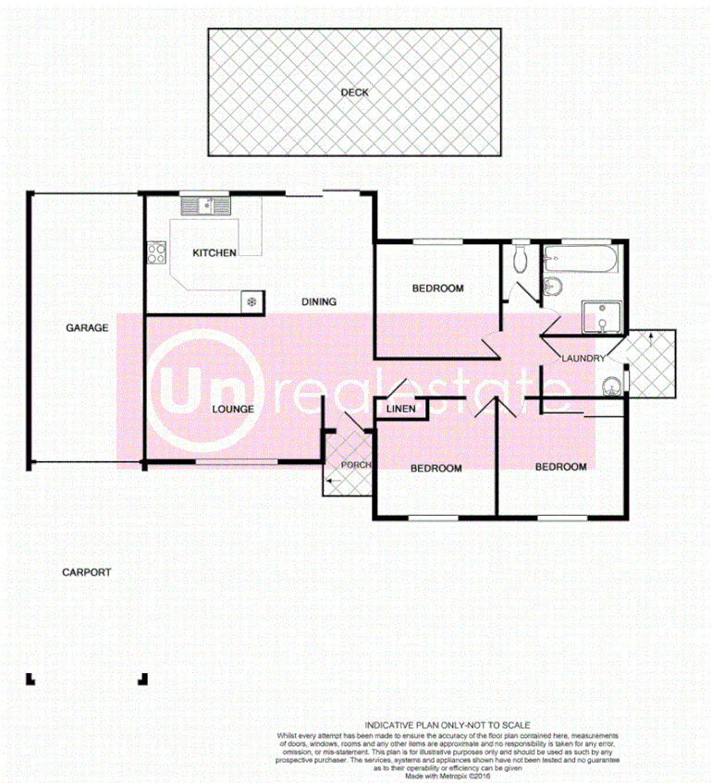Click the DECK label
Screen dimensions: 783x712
click(354, 92)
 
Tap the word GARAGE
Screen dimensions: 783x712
click(87, 327)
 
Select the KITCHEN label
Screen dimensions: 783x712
click(214, 252)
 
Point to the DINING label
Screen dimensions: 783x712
click(319, 301)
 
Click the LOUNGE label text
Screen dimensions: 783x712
click(232, 408)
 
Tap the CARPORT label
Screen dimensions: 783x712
click(86, 572)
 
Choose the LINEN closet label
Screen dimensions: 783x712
click(400, 409)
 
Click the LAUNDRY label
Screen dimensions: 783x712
click(583, 359)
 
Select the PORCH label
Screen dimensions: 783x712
click(355, 464)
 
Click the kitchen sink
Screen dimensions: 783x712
click(210, 206)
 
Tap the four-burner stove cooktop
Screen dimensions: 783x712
click(155, 254)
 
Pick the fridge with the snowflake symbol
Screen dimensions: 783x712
click(251, 300)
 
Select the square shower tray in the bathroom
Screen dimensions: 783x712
click(602, 317)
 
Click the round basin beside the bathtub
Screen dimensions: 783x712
click(552, 287)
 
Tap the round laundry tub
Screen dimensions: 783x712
click(609, 385)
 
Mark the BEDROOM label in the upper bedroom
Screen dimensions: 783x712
click(437, 288)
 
